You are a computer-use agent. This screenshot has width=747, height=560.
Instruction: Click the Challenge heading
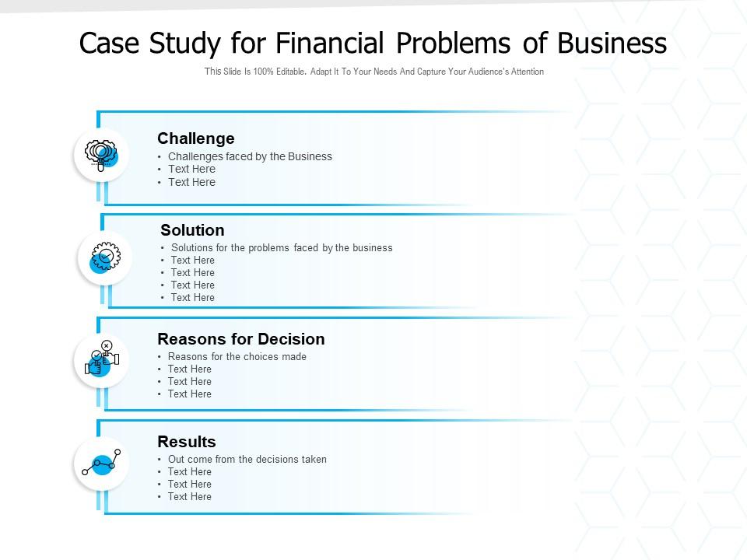[x=195, y=138]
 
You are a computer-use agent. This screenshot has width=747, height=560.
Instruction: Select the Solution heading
[x=192, y=230]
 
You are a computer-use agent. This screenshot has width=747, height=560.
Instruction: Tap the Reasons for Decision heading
[x=240, y=339]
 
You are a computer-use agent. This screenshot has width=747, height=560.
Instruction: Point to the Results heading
[x=186, y=442]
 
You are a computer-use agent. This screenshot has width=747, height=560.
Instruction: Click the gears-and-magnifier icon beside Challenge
[x=101, y=154]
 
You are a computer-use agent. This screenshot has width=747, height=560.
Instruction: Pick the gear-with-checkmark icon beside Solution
[x=104, y=257]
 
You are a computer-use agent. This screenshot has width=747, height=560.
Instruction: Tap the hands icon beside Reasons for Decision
[x=101, y=359]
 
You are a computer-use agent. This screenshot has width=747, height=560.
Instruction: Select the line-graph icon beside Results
[x=101, y=463]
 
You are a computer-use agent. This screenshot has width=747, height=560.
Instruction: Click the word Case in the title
[x=108, y=44]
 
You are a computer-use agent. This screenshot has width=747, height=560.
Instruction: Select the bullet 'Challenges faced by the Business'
[x=250, y=156]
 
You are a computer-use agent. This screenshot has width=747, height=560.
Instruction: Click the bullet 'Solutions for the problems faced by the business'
[x=282, y=248]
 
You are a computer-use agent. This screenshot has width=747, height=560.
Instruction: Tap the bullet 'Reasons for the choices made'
[x=237, y=357]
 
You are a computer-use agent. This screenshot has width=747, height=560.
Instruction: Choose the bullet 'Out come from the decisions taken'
[x=247, y=460]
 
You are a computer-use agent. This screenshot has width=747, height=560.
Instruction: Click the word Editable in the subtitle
[x=286, y=72]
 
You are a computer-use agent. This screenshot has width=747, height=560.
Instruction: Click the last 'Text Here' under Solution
[x=193, y=298]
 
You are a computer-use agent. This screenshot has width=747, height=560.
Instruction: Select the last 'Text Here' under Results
[x=190, y=497]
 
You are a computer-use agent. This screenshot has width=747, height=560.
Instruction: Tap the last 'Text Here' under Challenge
[x=191, y=183]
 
